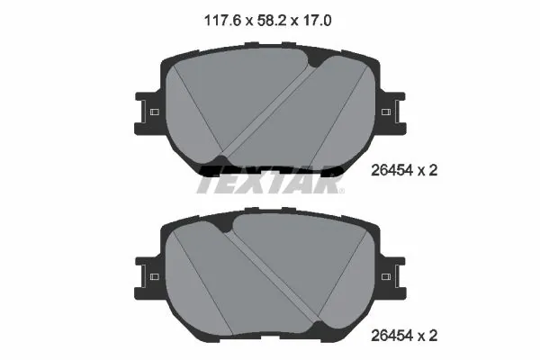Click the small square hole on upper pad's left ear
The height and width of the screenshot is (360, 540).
click(153, 112)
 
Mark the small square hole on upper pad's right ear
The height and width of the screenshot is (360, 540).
click(386, 112)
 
